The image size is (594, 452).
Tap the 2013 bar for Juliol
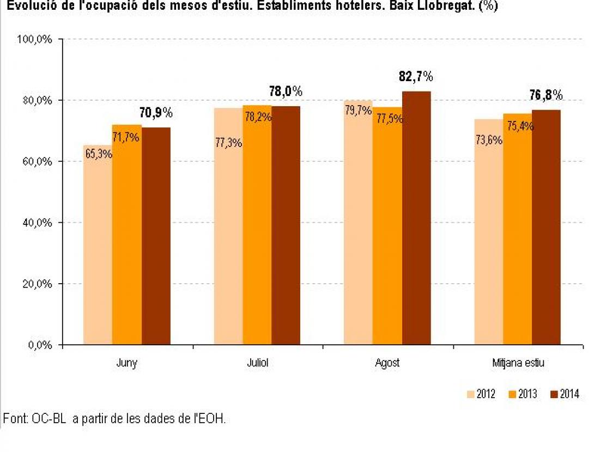257,234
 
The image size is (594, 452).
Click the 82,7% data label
416,77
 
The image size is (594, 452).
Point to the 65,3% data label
99,154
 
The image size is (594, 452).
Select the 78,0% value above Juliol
286,91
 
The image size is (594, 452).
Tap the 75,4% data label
518,126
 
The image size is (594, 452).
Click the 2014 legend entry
563,394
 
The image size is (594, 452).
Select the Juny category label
126,363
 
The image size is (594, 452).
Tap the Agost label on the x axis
387,363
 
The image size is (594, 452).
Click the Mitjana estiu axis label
517,363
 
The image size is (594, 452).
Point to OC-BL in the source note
47,419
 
